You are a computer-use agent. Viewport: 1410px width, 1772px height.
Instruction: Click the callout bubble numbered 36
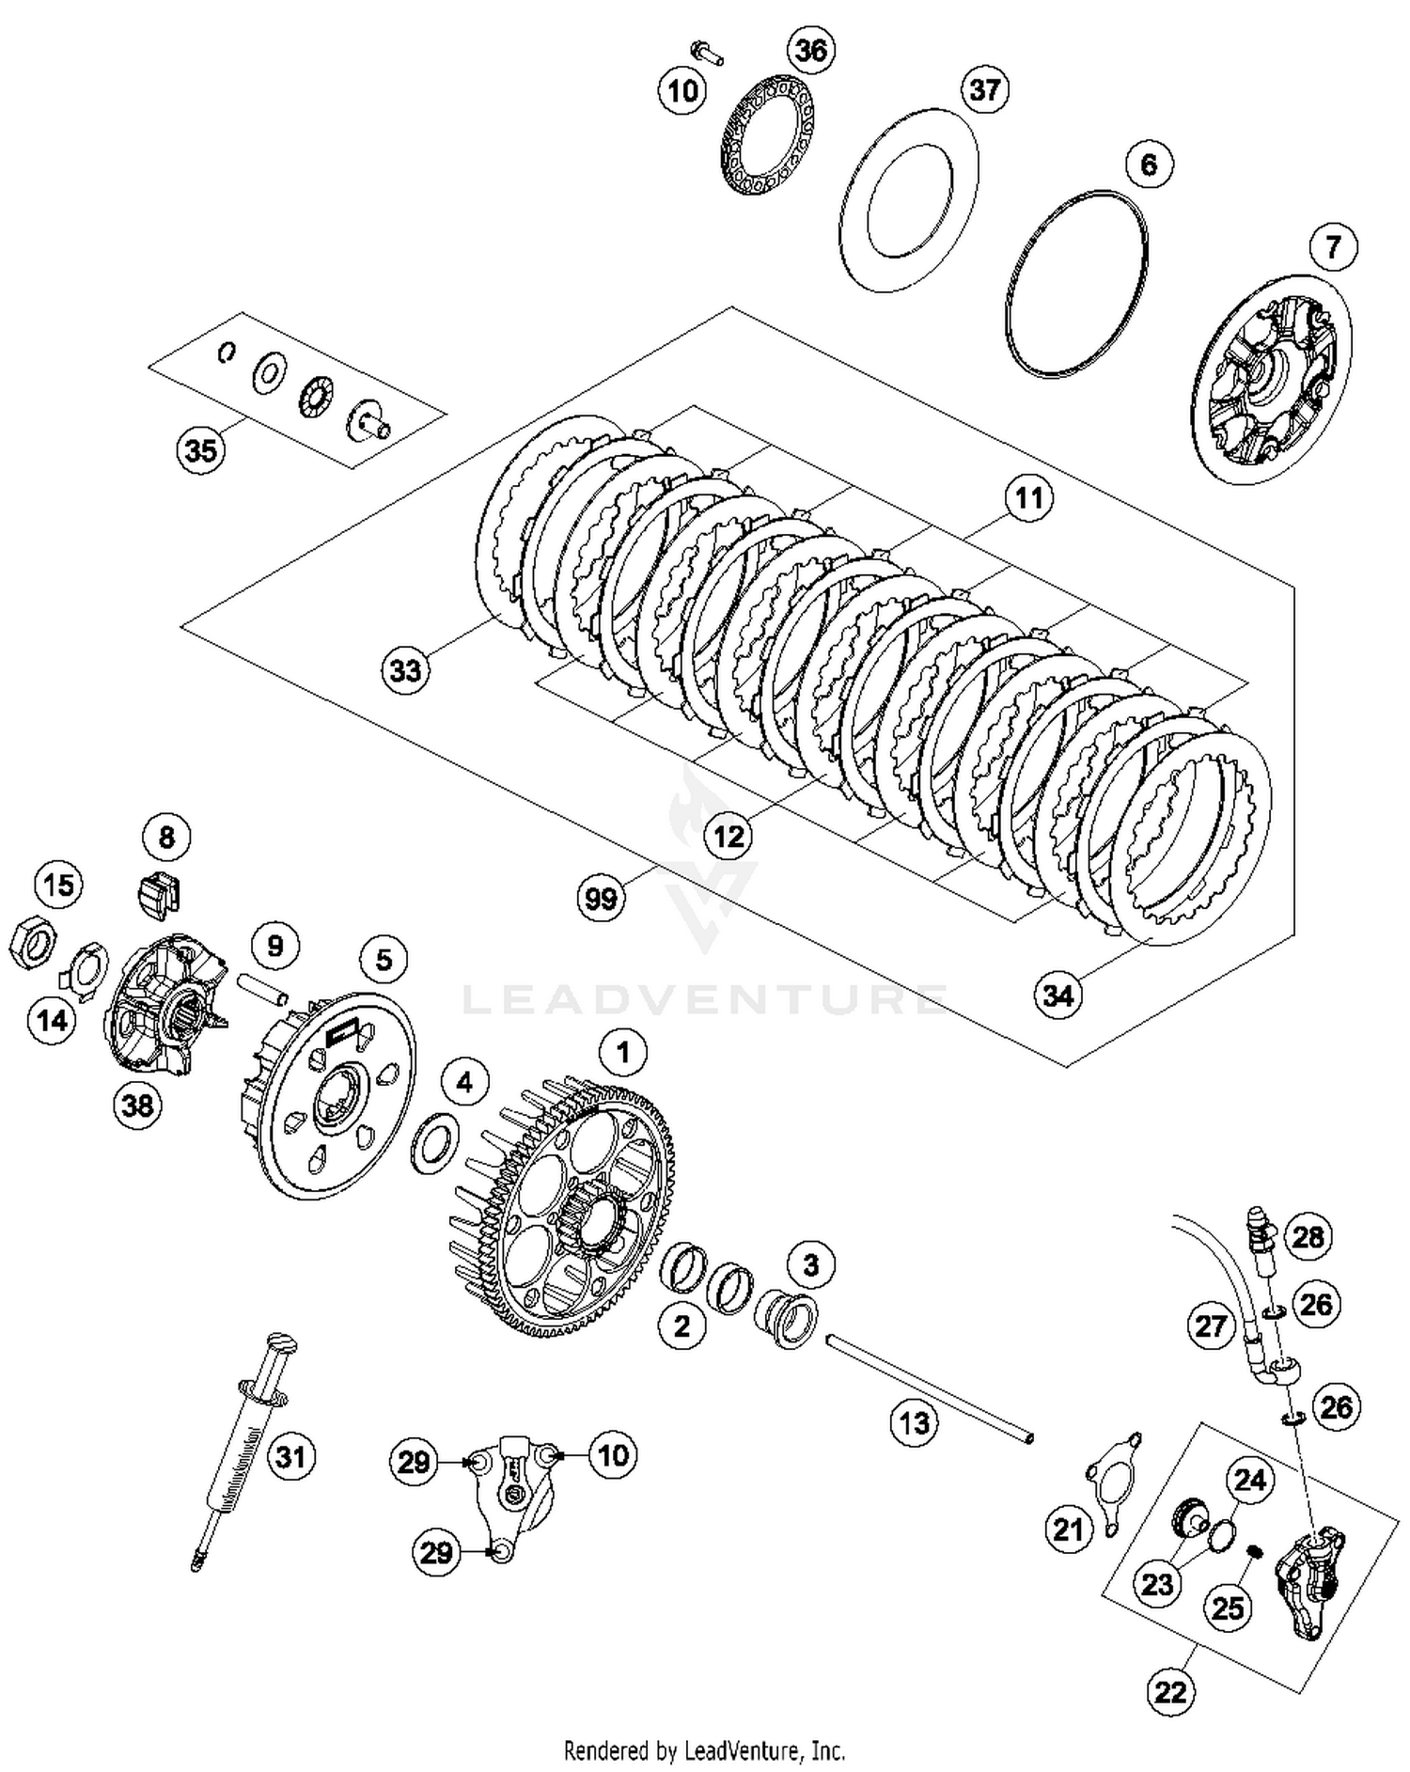coord(810,49)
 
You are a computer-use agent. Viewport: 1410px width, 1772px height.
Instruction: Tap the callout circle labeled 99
coord(601,899)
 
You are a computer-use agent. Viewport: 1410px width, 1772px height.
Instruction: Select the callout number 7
coord(1333,247)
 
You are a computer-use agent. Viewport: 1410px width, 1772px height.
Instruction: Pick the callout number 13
coord(914,1422)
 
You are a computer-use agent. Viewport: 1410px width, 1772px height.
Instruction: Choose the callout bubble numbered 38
coord(137,1105)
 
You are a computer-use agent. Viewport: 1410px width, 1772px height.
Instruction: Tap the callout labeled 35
coord(201,450)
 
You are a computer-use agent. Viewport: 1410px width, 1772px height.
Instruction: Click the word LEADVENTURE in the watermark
coord(704,998)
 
